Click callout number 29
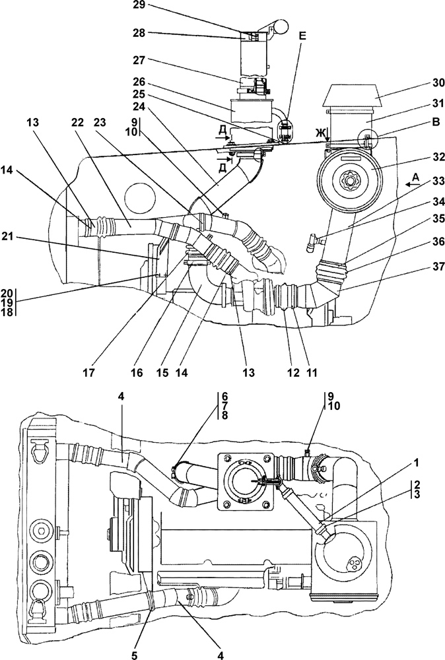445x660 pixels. (x=139, y=6)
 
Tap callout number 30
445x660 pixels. (x=438, y=83)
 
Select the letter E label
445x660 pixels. (x=302, y=36)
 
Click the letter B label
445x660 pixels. (x=436, y=122)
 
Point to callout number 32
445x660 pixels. (x=438, y=158)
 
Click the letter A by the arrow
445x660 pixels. (x=415, y=178)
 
